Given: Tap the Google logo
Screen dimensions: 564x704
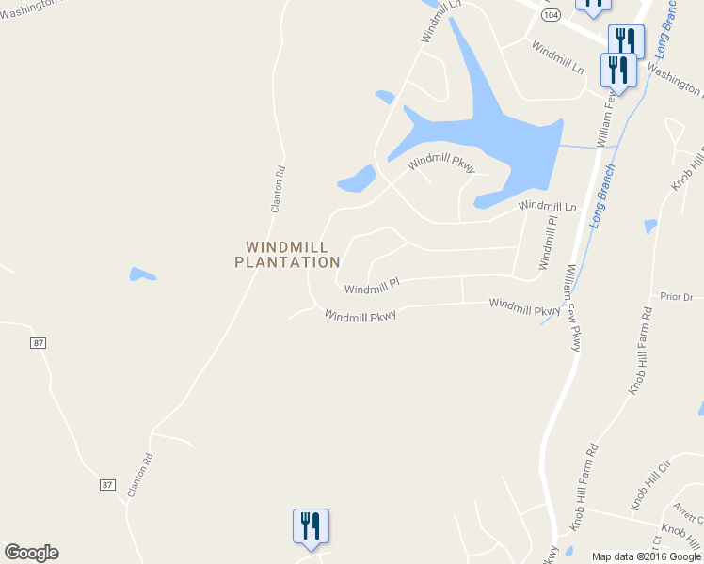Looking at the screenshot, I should click(x=31, y=553).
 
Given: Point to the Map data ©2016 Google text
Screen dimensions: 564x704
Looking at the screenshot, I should click(x=647, y=556).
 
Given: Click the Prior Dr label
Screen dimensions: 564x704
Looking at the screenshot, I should click(x=676, y=296).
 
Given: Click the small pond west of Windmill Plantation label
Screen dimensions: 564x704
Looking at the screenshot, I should click(x=142, y=274).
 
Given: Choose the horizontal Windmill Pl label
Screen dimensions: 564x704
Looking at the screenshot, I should click(x=372, y=285).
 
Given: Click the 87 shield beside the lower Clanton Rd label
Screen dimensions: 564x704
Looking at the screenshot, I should click(x=108, y=484).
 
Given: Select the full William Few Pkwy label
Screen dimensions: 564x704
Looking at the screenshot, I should click(x=572, y=307).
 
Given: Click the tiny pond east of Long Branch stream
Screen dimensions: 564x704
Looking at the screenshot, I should click(x=650, y=227).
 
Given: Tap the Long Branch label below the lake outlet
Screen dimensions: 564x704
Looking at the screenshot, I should click(x=603, y=196).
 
